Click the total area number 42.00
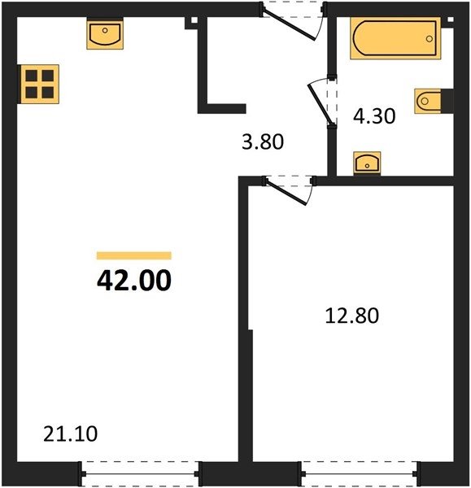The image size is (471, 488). pos(134,280)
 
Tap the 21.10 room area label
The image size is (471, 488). pos(70,434)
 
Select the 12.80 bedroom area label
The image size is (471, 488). pos(351,316)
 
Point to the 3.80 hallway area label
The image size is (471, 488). pos(263,142)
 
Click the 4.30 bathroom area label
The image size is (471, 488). pos(374,116)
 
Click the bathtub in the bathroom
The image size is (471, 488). pos(395,38)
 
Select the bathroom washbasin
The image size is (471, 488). pos(367,163)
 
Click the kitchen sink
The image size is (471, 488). pos(105,34)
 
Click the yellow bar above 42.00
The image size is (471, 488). pos(134,255)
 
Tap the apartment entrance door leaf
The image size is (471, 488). pos(290,26)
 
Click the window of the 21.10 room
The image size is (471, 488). pos(140,473)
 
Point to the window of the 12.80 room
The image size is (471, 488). pos(360,473)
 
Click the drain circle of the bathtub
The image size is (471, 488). pos(430,39)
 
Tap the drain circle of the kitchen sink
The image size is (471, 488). pos(105,30)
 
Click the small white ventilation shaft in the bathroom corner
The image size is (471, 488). pos(450,20)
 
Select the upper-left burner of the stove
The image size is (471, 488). pos(32,76)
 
